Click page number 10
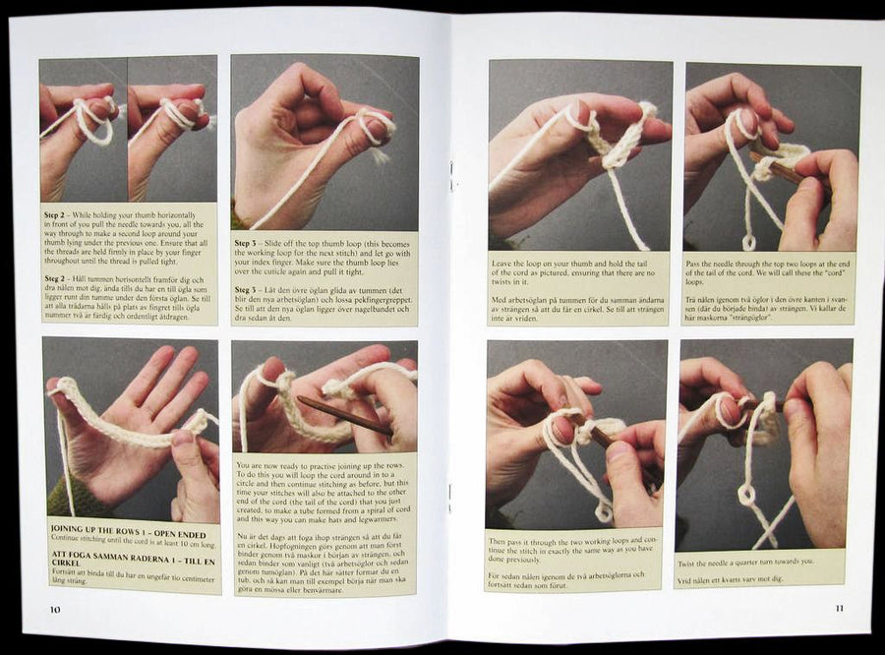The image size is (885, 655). pos(57,608)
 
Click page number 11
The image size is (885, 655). pos(838,608)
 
